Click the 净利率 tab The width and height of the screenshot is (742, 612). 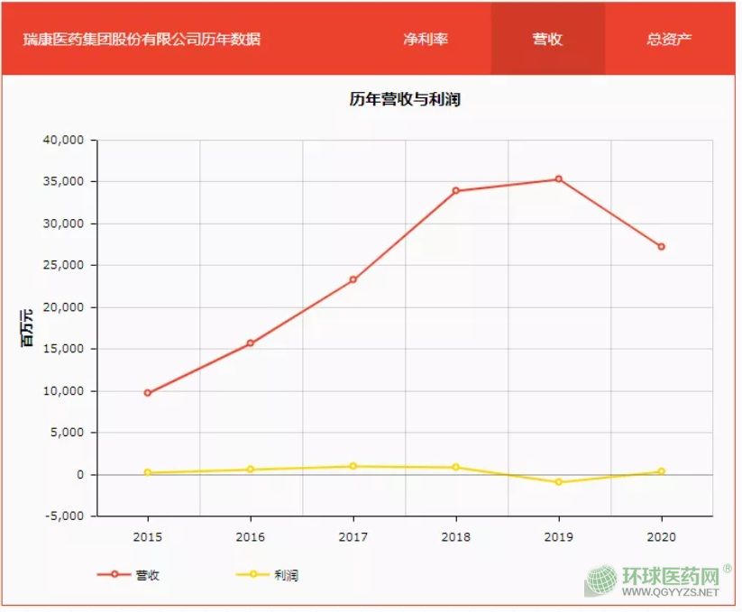click(x=426, y=40)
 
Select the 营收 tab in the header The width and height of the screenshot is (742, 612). click(x=547, y=40)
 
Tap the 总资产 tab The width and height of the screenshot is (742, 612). click(x=669, y=40)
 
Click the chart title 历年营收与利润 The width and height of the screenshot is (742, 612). click(x=405, y=99)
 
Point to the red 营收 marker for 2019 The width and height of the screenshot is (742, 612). click(x=559, y=179)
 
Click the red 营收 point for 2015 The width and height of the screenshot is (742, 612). click(x=148, y=393)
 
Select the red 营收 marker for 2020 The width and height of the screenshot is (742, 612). click(x=662, y=246)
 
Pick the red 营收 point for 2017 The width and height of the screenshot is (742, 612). click(x=353, y=279)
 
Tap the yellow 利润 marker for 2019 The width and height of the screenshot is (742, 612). click(x=559, y=482)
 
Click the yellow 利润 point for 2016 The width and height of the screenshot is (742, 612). click(x=251, y=470)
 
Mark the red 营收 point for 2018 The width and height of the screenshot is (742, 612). click(x=456, y=191)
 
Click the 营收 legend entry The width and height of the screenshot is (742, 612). click(x=132, y=574)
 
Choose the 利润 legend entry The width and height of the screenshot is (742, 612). click(x=269, y=574)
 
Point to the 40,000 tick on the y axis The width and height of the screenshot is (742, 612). click(x=63, y=140)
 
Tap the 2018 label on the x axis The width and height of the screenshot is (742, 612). click(x=456, y=537)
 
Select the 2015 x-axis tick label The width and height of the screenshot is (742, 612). click(x=148, y=537)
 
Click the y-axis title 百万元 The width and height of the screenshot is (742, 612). click(x=28, y=328)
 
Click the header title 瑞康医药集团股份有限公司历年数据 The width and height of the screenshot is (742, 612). click(x=142, y=40)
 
